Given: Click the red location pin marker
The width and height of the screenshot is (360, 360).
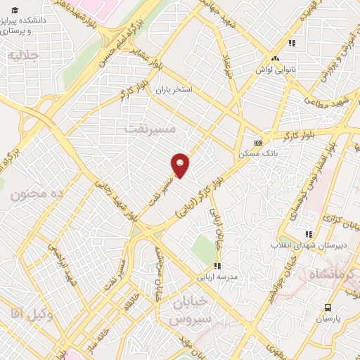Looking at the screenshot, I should tap(180, 165).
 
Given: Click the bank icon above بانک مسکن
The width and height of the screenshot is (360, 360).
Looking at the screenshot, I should tap(258, 141).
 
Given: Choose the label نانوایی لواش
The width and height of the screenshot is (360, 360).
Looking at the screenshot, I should tap(273, 70).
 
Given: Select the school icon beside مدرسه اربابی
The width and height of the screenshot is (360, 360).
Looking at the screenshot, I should tap(217, 266).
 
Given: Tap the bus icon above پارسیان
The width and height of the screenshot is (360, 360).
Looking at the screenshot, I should tap(328, 307).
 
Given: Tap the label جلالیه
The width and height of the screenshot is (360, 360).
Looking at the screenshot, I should tap(23, 56).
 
